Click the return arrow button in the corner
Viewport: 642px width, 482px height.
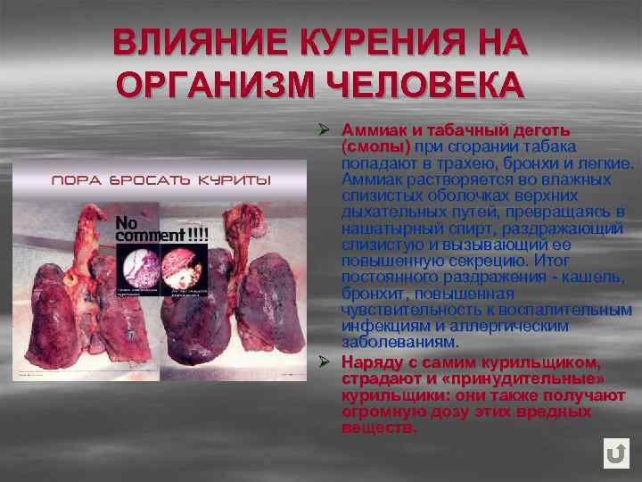[615, 453]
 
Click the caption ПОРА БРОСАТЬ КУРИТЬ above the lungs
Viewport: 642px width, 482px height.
[161, 180]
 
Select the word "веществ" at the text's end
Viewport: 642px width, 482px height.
[378, 428]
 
